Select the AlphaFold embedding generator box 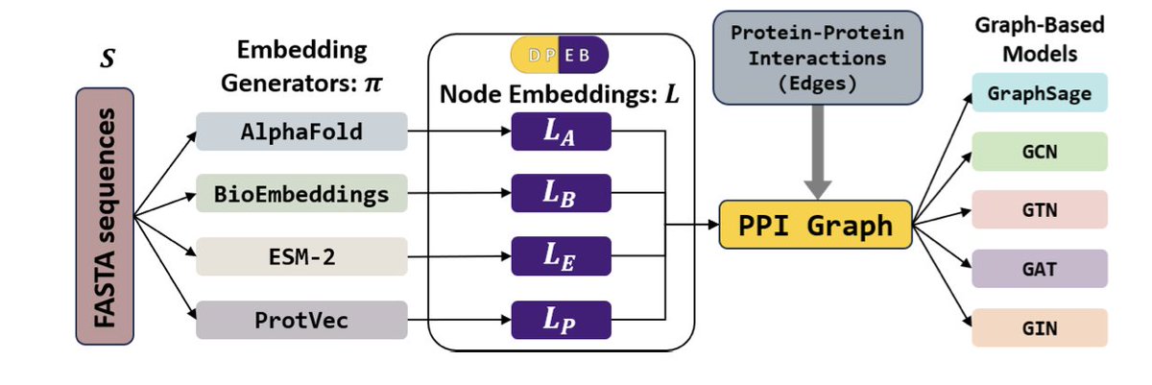[x=301, y=132]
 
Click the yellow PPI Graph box [x=814, y=227]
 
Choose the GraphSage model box [x=1040, y=95]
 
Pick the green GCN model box [x=1040, y=152]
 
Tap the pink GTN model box [x=1040, y=210]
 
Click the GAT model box [x=1040, y=269]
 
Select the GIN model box [x=1040, y=328]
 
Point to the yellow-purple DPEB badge [x=562, y=56]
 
